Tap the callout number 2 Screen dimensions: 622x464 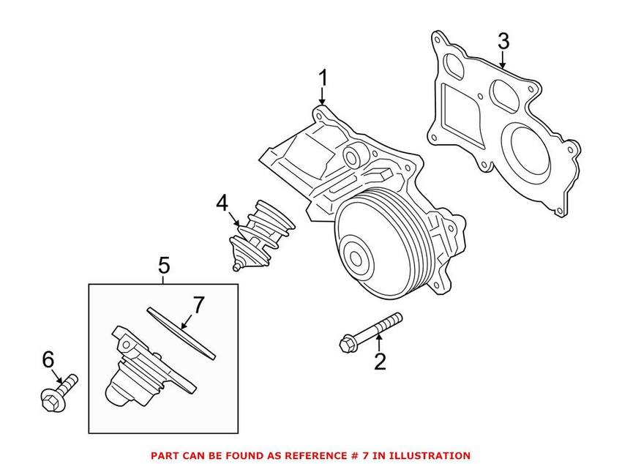pos(380,361)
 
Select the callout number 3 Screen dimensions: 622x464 pos(503,41)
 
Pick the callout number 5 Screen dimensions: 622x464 pos(164,265)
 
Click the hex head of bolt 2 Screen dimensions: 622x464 pos(348,343)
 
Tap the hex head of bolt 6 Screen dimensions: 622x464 pos(50,400)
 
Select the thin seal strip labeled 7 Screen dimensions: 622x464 pos(181,333)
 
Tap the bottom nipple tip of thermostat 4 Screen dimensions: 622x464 pos(236,268)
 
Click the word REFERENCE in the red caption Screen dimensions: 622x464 pos(283,456)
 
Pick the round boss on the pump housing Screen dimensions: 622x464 pos(352,157)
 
